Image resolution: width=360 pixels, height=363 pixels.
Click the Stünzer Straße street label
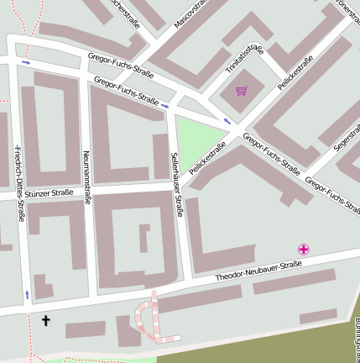[50, 193]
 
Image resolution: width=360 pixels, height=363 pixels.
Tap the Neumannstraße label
[86, 177]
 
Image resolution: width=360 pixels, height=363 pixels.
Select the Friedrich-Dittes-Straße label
[19, 182]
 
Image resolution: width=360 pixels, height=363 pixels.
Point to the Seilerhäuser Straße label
[177, 184]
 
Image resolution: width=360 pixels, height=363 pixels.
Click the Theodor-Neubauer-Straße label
[258, 271]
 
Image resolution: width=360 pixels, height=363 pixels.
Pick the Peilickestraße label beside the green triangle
[207, 158]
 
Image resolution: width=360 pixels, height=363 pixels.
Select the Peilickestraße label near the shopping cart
[295, 73]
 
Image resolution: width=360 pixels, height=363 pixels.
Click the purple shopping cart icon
[242, 91]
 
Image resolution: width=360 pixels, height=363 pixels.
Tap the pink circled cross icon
[304, 249]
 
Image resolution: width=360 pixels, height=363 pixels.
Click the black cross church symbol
[46, 320]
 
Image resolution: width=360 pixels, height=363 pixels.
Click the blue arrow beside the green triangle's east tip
[227, 123]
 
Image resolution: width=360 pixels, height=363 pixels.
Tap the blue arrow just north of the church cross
[28, 294]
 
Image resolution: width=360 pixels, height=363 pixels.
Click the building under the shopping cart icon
[243, 104]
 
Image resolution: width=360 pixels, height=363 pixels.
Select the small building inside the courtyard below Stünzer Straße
[143, 239]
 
